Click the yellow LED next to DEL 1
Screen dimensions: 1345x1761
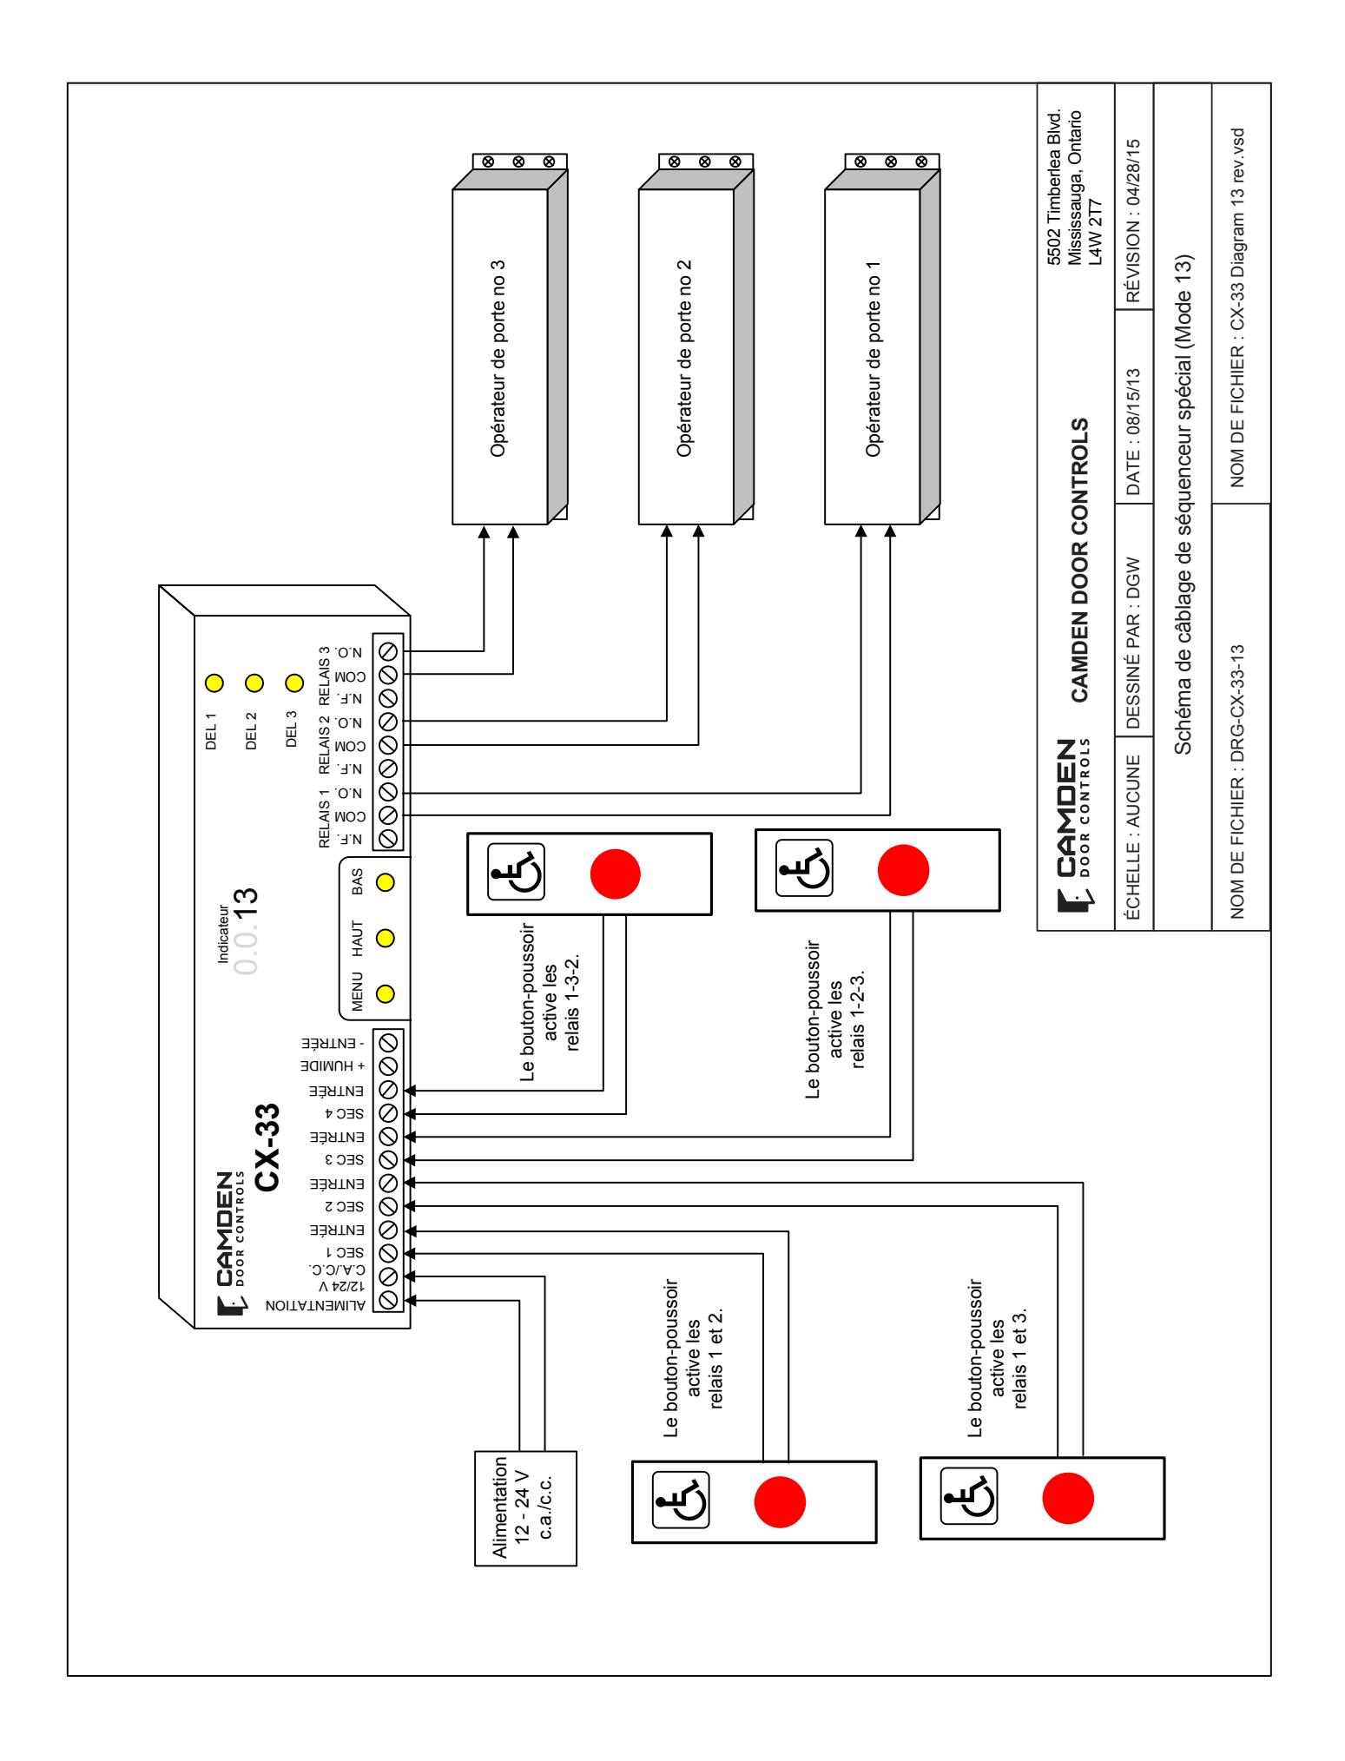(x=213, y=683)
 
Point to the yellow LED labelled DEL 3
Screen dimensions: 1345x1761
(x=294, y=683)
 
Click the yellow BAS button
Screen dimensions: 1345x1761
(x=386, y=882)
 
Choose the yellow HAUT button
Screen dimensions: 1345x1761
(x=386, y=938)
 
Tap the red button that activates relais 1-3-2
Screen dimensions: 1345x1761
(x=616, y=873)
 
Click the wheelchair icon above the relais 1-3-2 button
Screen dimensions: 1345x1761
(x=515, y=873)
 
